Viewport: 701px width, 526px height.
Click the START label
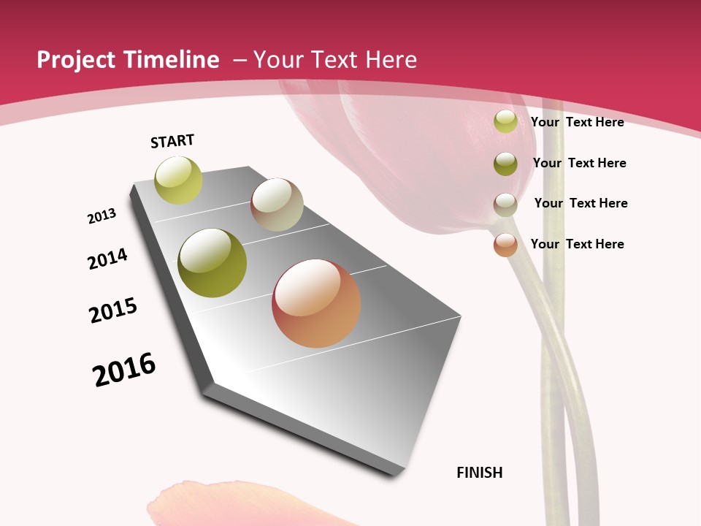click(x=172, y=141)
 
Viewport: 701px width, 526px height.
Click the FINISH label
click(x=480, y=473)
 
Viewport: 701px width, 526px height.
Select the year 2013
click(x=102, y=216)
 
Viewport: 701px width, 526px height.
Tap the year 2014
click(x=108, y=259)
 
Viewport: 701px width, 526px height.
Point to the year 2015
click(x=113, y=310)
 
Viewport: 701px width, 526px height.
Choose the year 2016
click(x=124, y=370)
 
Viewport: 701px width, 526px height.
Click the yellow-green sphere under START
click(x=178, y=180)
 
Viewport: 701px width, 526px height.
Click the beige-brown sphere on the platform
click(x=277, y=205)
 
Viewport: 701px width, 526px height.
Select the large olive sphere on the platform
click(x=212, y=263)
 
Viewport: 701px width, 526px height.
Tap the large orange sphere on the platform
click(x=316, y=303)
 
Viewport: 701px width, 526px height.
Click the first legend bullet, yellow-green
click(x=505, y=121)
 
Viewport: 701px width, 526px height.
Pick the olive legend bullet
click(x=505, y=164)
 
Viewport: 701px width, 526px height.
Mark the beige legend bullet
click(x=505, y=204)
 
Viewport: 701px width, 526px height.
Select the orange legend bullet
click(x=505, y=245)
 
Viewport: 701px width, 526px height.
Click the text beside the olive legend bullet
click(x=580, y=163)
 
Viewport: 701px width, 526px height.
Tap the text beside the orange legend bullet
click(x=578, y=244)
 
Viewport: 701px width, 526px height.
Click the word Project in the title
click(x=76, y=60)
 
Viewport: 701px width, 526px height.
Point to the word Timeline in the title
click(x=174, y=60)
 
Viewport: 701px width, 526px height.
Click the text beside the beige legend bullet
click(x=581, y=203)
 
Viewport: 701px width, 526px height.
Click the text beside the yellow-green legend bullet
click(x=578, y=122)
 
